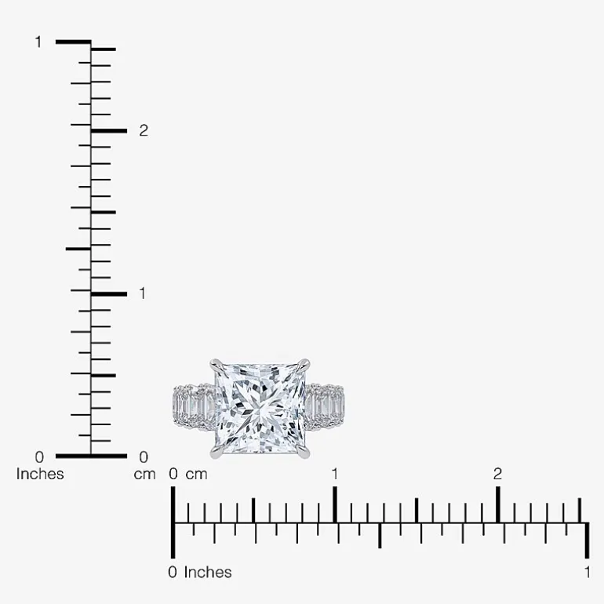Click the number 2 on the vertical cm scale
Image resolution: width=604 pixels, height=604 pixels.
pyautogui.click(x=144, y=130)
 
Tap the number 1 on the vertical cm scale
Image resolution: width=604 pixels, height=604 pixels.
pyautogui.click(x=143, y=293)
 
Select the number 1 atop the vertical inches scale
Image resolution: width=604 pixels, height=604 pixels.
pyautogui.click(x=38, y=42)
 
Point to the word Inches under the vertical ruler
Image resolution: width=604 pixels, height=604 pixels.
pyautogui.click(x=40, y=474)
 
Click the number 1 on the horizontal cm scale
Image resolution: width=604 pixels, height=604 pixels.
pyautogui.click(x=335, y=474)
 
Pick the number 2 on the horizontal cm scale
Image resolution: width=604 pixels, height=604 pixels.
pyautogui.click(x=497, y=474)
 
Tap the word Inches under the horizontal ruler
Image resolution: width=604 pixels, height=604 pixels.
pyautogui.click(x=208, y=573)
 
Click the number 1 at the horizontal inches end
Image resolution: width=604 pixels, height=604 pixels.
pyautogui.click(x=587, y=573)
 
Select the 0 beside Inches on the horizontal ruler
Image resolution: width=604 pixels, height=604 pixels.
pyautogui.click(x=173, y=573)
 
